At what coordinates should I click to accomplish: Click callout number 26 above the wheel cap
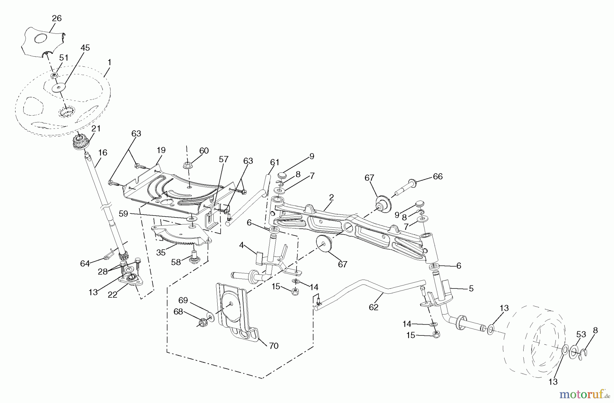pyautogui.click(x=57, y=18)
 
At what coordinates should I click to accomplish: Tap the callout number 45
pyautogui.click(x=85, y=48)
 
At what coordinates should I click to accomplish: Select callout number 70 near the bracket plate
pyautogui.click(x=274, y=346)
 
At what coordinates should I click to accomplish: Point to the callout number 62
pyautogui.click(x=374, y=307)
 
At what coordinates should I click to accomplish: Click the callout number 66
pyautogui.click(x=437, y=177)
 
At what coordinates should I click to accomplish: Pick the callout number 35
pyautogui.click(x=161, y=253)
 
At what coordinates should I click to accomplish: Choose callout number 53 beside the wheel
pyautogui.click(x=581, y=334)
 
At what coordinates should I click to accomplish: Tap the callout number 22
pyautogui.click(x=113, y=295)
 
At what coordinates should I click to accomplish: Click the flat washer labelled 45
pyautogui.click(x=59, y=88)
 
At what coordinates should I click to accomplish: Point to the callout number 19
pyautogui.click(x=161, y=150)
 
